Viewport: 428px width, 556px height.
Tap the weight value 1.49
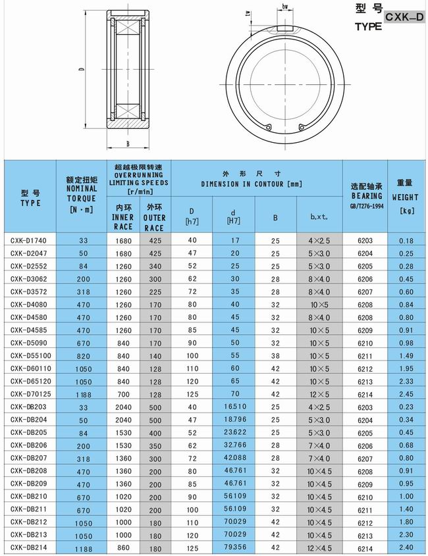pos(406,355)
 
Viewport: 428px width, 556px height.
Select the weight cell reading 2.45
pos(406,393)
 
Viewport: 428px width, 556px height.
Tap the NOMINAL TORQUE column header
pos(81,193)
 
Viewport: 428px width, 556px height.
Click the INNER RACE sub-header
pos(122,217)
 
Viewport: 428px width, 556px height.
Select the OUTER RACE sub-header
pos(155,217)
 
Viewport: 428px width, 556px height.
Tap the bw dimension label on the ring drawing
pos(286,7)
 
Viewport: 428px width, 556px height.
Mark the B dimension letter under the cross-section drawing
pos(127,142)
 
